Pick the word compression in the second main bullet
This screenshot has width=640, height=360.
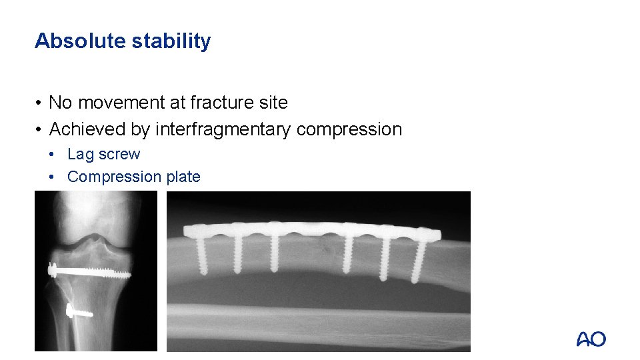[349, 129]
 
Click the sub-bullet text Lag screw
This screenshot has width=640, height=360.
[104, 154]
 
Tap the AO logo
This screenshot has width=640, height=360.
[591, 339]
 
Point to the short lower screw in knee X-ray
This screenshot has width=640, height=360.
[79, 311]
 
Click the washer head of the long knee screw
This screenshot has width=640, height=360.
[51, 269]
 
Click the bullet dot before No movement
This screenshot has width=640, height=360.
[40, 103]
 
